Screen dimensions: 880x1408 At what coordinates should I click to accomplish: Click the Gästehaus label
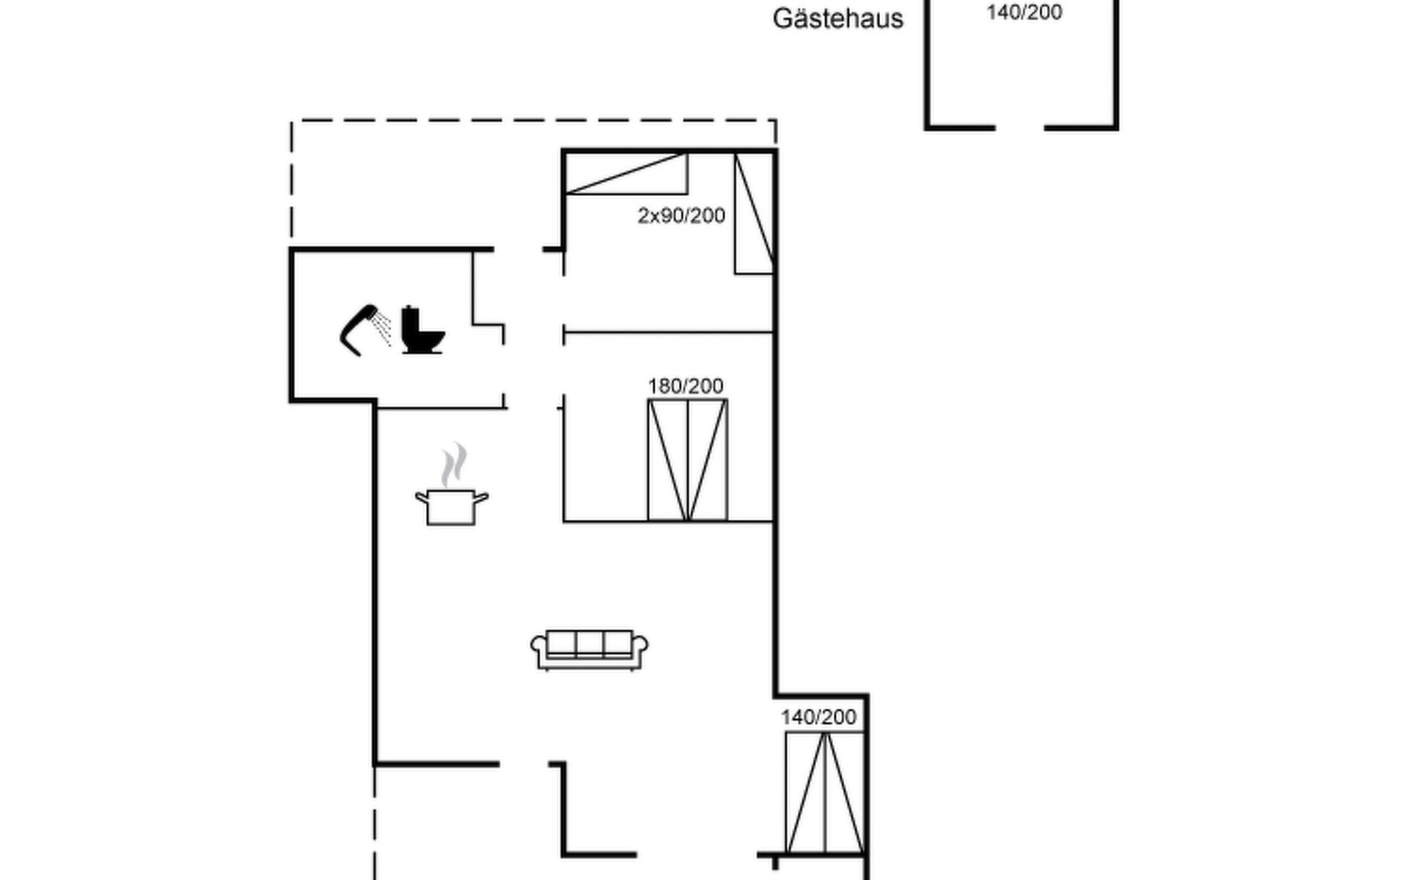837,18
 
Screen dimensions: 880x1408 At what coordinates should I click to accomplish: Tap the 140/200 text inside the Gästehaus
1024,12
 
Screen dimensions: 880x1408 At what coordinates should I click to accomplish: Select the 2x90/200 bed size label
681,216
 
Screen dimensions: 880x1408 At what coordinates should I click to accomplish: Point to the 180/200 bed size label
686,386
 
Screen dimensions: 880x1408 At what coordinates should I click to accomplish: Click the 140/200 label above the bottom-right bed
818,717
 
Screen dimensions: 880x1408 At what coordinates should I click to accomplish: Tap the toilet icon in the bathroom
422,331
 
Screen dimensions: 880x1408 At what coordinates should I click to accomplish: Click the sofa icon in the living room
589,650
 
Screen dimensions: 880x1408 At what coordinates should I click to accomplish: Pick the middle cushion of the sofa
589,644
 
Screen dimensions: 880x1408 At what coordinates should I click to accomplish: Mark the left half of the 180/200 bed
668,461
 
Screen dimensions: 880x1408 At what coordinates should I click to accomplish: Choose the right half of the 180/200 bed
708,461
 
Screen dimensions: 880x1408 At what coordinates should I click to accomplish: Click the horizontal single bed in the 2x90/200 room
627,174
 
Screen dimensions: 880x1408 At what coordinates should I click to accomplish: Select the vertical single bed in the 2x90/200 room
754,213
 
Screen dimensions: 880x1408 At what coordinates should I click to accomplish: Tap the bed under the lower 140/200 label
824,792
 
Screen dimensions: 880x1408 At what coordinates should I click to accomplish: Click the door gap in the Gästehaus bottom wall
1019,128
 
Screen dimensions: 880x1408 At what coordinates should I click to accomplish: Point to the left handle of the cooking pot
422,499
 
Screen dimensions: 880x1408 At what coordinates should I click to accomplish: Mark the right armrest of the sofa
640,645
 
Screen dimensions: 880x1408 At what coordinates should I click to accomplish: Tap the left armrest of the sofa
538,645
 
